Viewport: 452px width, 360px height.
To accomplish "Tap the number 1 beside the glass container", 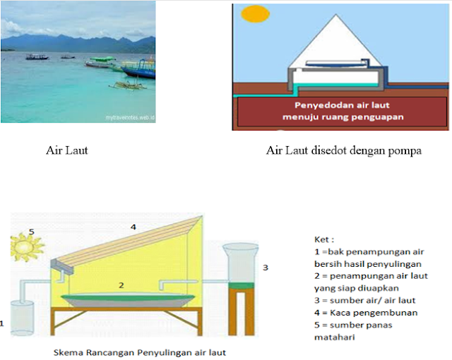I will pyautogui.click(x=3, y=325).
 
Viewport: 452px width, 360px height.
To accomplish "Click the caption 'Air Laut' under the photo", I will pyautogui.click(x=66, y=150).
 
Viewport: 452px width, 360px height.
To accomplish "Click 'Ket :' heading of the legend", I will pyautogui.click(x=324, y=239).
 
